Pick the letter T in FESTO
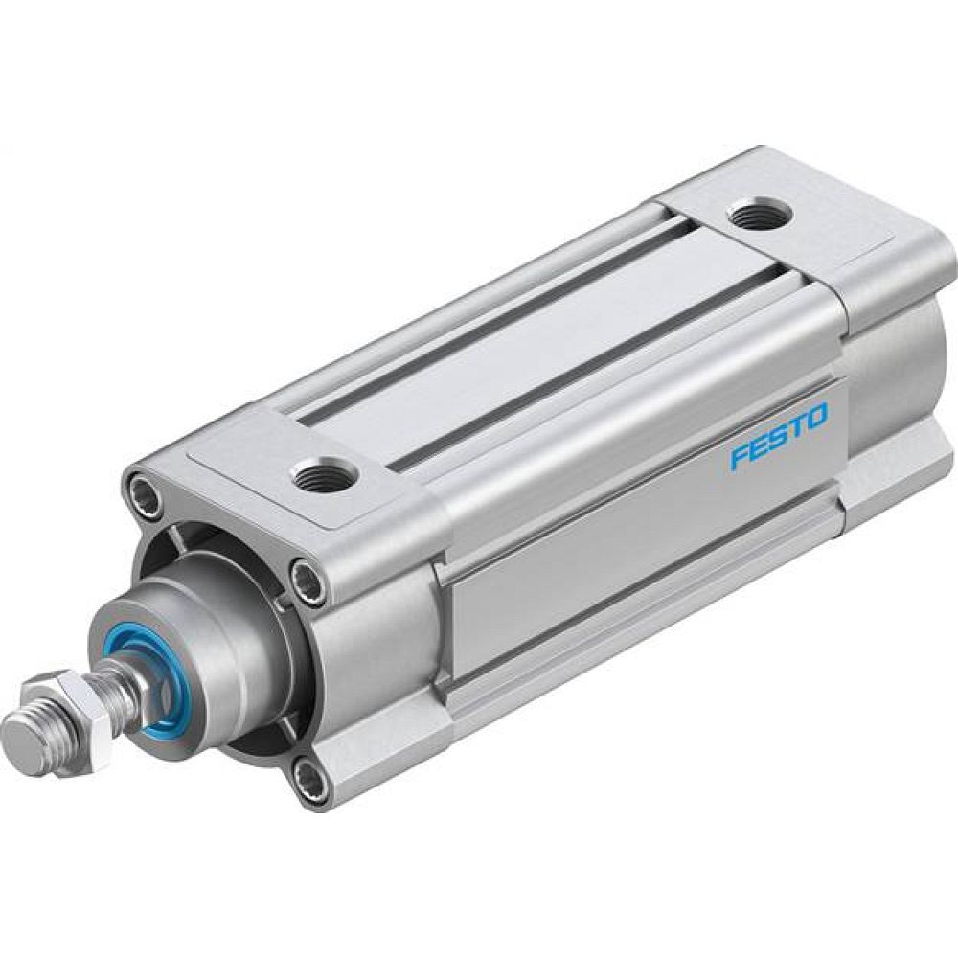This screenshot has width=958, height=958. [x=796, y=426]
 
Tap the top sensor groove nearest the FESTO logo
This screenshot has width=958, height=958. [x=594, y=364]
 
